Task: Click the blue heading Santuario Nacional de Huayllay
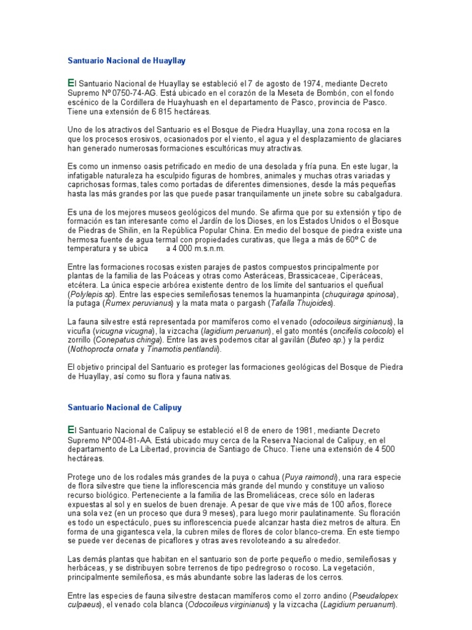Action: pyautogui.click(x=126, y=61)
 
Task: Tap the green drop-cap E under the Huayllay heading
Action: pyautogui.click(x=69, y=82)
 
